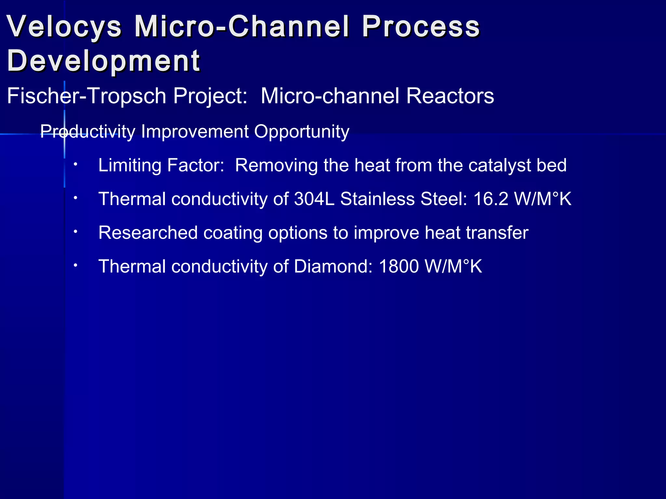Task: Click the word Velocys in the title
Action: [x=64, y=27]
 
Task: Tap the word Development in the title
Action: [x=103, y=61]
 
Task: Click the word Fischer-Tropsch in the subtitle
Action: [x=87, y=96]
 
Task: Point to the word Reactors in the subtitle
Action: [x=450, y=96]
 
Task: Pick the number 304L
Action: [x=314, y=199]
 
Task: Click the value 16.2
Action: [x=490, y=199]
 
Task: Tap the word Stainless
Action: [x=377, y=199]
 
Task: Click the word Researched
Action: [x=148, y=233]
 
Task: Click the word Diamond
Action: [x=333, y=266]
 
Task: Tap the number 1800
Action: [x=399, y=266]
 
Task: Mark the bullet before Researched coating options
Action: [x=75, y=232]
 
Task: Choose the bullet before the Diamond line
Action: [x=75, y=265]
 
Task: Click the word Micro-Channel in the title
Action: [x=242, y=27]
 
